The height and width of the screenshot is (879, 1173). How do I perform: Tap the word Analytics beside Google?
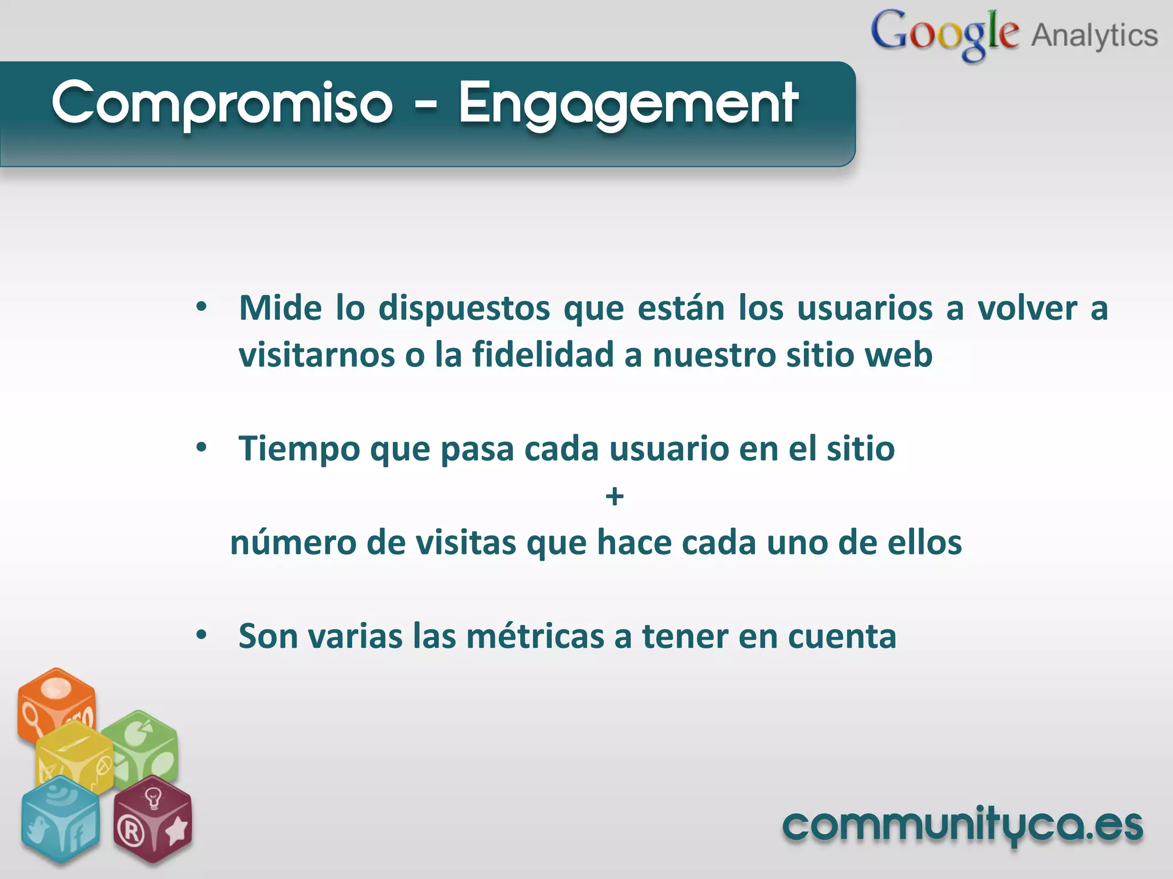[x=1095, y=35]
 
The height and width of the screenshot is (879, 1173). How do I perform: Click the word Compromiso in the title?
[x=222, y=103]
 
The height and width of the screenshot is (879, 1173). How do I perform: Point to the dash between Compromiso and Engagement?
[x=426, y=105]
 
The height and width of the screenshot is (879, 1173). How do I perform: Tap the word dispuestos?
[x=464, y=309]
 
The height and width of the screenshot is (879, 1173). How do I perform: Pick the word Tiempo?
[x=299, y=449]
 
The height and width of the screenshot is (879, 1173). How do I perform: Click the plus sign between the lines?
[x=615, y=496]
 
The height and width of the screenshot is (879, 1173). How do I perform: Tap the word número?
[x=293, y=543]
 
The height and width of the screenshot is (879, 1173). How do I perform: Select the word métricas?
[x=535, y=636]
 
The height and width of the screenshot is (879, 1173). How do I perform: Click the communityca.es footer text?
[x=962, y=825]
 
